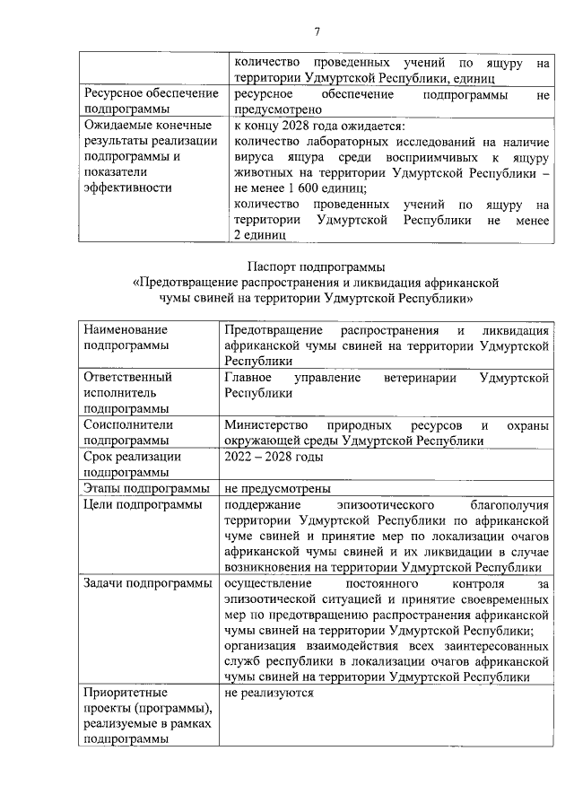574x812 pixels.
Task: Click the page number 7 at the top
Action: [x=317, y=33]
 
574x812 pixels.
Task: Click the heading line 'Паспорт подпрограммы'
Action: [x=315, y=266]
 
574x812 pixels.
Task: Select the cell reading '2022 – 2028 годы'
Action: [x=274, y=457]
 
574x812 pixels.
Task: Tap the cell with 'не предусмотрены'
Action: [x=278, y=489]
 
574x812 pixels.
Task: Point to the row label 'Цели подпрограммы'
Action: [x=142, y=505]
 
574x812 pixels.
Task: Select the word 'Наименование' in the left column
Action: [x=126, y=330]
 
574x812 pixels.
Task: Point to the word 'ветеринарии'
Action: [x=413, y=377]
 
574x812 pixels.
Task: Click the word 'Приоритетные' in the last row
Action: [x=125, y=693]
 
